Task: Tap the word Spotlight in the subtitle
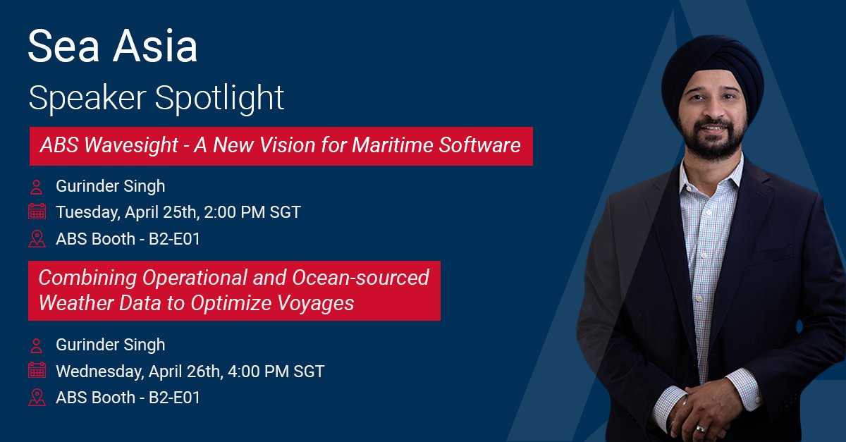(x=225, y=97)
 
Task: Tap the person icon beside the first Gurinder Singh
(x=36, y=187)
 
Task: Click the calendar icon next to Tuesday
(x=37, y=211)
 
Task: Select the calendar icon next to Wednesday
(x=37, y=370)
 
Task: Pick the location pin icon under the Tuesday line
(x=37, y=238)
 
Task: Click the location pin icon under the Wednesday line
(x=37, y=397)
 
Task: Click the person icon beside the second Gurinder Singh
(x=36, y=345)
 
